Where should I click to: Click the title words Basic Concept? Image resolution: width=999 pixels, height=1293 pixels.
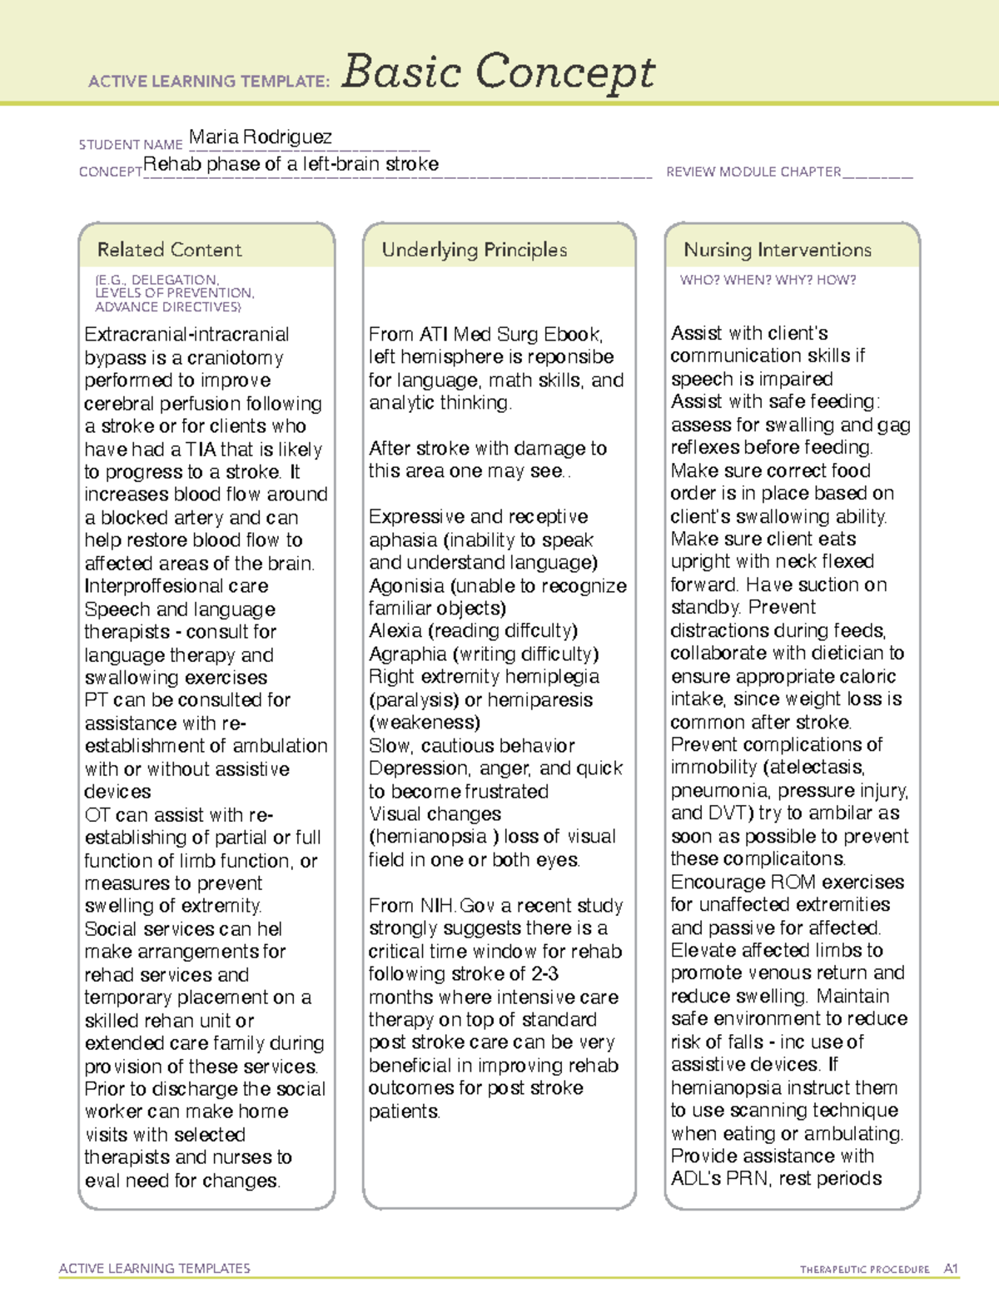coord(498,72)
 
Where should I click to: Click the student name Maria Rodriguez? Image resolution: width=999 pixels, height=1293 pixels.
coord(260,137)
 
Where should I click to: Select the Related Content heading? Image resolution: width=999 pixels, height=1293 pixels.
coord(169,250)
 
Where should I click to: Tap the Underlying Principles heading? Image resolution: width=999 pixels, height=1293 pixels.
coord(474,250)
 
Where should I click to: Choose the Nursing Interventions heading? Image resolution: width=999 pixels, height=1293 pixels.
coord(777,250)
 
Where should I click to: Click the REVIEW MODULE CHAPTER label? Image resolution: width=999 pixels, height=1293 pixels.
coord(753,172)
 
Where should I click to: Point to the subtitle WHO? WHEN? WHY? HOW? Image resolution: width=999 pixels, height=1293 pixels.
coord(768,281)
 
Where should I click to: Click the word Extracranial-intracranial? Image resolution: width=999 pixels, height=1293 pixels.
coord(186,335)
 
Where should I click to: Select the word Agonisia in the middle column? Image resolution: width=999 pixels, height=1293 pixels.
coord(405,586)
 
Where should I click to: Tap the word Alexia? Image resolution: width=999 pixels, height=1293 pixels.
coord(395,631)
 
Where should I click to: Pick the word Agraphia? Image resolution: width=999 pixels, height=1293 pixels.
coord(407,654)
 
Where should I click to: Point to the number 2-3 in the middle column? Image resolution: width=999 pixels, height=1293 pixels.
coord(544,974)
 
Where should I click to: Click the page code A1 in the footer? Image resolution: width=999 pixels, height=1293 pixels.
coord(950,1269)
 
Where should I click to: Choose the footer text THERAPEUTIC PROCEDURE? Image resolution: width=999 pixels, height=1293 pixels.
coord(864,1270)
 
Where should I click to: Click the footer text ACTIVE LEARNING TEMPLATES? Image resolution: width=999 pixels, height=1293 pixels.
coord(155,1268)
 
